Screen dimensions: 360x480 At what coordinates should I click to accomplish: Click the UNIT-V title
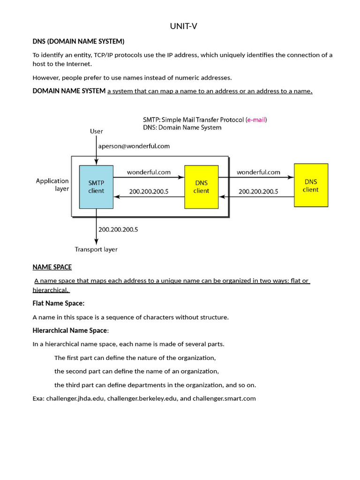tap(183, 26)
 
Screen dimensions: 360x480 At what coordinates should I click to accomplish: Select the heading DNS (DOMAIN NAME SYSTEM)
tap(78, 41)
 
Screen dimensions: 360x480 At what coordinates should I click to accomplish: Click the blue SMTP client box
tap(96, 187)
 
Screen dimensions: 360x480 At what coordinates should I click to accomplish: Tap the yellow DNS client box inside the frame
tap(202, 187)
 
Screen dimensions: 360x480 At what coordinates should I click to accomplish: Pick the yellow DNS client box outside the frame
tap(311, 185)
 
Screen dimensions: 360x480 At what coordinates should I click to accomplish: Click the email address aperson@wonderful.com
tap(134, 146)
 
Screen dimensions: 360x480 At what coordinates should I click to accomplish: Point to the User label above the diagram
tap(97, 131)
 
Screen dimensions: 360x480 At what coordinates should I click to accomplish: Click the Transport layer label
tap(96, 249)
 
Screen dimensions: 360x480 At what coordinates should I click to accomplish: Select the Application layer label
tap(52, 185)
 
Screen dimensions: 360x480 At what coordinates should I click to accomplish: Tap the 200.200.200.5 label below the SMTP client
tap(118, 230)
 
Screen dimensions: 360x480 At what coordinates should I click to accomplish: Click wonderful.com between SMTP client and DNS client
tap(149, 172)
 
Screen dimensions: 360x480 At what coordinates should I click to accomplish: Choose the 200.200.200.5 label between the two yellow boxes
tap(258, 192)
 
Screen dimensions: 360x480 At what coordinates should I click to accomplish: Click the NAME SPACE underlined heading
tap(52, 267)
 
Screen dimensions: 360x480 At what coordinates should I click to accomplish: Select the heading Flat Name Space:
tap(59, 303)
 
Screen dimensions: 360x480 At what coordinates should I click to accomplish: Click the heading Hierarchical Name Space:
tap(71, 330)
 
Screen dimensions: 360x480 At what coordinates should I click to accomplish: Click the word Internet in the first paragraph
tap(78, 64)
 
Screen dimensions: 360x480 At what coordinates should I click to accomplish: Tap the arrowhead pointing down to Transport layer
tap(97, 242)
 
